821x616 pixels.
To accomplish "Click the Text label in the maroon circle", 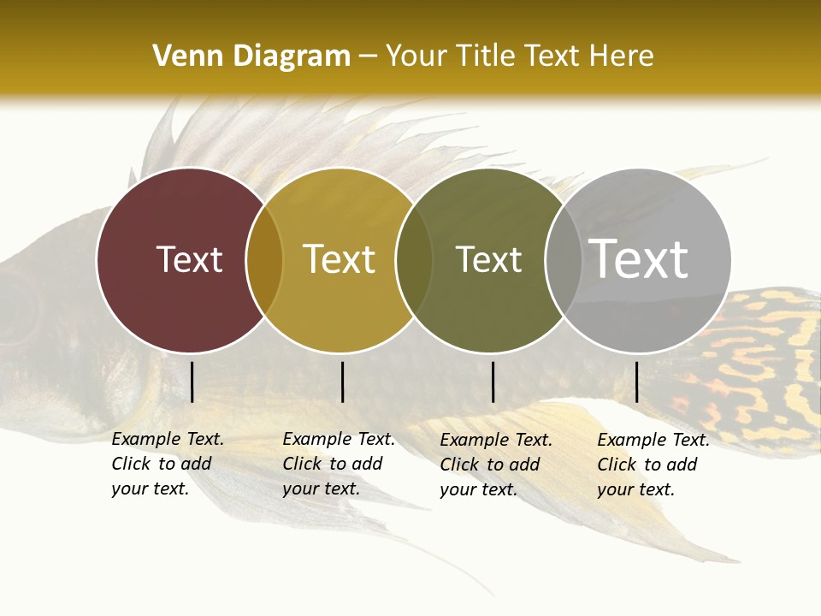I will pos(189,259).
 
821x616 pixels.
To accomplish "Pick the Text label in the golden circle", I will pos(340,259).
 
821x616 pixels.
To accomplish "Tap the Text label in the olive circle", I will pos(488,259).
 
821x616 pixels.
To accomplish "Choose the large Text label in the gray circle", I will pos(639,259).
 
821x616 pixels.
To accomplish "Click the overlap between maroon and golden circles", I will pos(264,260).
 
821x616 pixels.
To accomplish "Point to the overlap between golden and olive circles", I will pos(414,260).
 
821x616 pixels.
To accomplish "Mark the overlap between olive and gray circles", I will pos(564,260).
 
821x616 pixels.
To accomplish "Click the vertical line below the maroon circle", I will pos(192,382).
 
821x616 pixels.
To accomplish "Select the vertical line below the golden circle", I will pos(342,382).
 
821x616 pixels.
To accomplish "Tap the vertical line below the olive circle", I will pos(493,382).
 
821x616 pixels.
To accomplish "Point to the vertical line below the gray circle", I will pos(636,382).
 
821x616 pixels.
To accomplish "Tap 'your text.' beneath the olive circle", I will pos(479,489).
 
